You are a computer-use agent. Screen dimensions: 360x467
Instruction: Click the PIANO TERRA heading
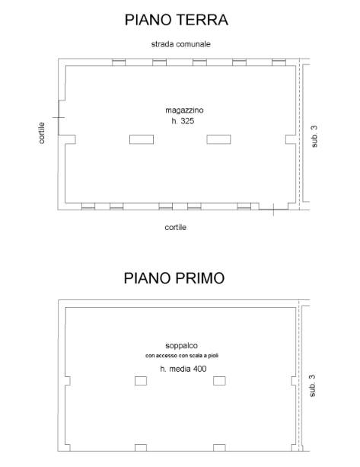177,20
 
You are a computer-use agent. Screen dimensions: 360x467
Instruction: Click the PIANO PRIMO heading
174,278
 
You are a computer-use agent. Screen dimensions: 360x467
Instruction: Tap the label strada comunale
180,44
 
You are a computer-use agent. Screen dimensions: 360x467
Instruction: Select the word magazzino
184,110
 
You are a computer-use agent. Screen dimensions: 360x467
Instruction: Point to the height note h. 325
183,121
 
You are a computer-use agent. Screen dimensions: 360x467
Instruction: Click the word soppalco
181,346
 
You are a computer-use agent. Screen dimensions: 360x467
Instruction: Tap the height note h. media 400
183,369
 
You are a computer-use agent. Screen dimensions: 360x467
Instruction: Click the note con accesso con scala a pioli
182,356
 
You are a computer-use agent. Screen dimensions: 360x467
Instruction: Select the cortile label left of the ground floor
42,133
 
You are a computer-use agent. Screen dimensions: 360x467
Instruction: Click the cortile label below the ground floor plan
176,227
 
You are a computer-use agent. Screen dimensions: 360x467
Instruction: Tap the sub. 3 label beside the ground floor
314,136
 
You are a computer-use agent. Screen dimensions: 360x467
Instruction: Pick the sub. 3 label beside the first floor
312,385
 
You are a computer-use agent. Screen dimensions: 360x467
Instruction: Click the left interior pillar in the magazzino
142,139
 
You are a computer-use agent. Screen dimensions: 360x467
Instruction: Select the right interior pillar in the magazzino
218,139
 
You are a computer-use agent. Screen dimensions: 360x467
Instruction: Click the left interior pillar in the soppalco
141,381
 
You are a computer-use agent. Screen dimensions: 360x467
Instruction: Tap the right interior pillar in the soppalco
219,381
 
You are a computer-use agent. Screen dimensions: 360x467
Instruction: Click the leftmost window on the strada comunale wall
119,62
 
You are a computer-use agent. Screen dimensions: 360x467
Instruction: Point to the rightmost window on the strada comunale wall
279,62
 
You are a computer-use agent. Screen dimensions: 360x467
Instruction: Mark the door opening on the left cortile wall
59,117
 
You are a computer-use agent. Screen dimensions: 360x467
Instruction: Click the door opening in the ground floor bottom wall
273,210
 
